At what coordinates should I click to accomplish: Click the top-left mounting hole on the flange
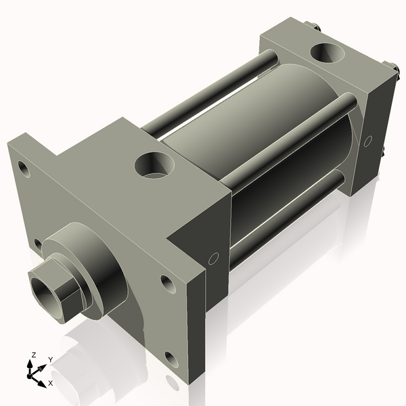click(25, 168)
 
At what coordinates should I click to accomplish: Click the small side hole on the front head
click(214, 258)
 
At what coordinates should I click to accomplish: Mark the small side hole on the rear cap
click(368, 141)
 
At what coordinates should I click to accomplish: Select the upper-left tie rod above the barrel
click(210, 95)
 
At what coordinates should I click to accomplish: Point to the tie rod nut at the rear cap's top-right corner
click(390, 66)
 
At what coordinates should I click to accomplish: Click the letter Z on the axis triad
click(33, 355)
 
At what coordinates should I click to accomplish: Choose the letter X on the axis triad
click(51, 383)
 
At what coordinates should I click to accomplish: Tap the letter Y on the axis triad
click(50, 359)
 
